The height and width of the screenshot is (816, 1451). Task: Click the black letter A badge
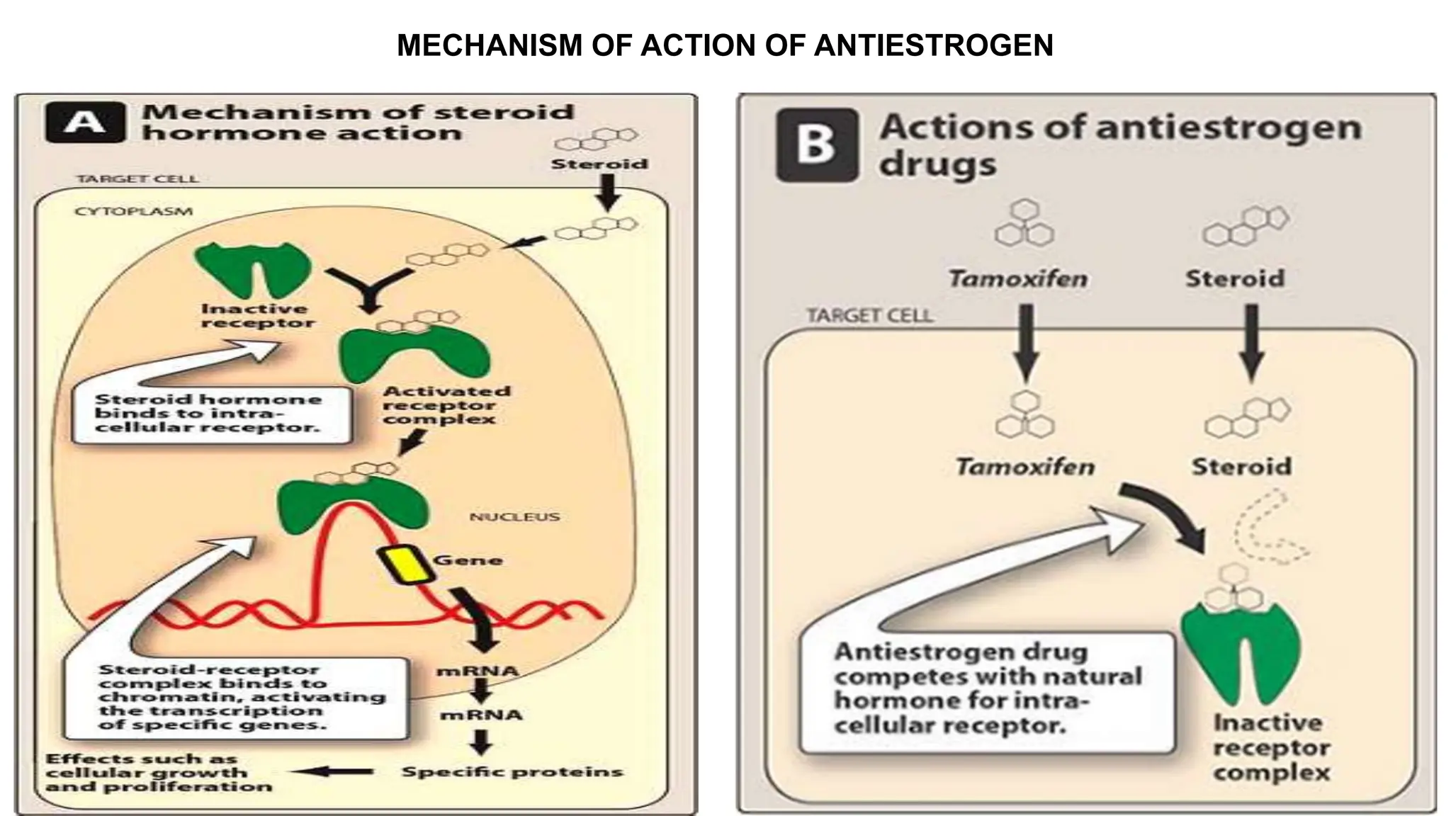[x=85, y=123]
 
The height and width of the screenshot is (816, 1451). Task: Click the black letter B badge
[x=817, y=145]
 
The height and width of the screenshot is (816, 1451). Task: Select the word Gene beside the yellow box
[x=468, y=560]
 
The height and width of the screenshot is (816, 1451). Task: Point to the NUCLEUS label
[x=514, y=517]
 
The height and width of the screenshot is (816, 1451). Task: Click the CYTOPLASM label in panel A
[x=133, y=211]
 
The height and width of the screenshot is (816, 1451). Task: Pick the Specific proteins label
[x=512, y=771]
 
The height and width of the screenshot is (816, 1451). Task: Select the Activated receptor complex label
[x=446, y=405]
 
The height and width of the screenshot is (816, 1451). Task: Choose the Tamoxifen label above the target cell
[x=1018, y=278]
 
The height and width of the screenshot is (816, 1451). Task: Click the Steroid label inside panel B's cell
[x=1241, y=467]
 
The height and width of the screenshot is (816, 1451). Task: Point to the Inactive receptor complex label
[x=1271, y=747]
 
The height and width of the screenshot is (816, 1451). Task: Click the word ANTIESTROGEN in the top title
[x=934, y=45]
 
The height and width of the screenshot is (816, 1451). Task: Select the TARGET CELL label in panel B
[x=869, y=315]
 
